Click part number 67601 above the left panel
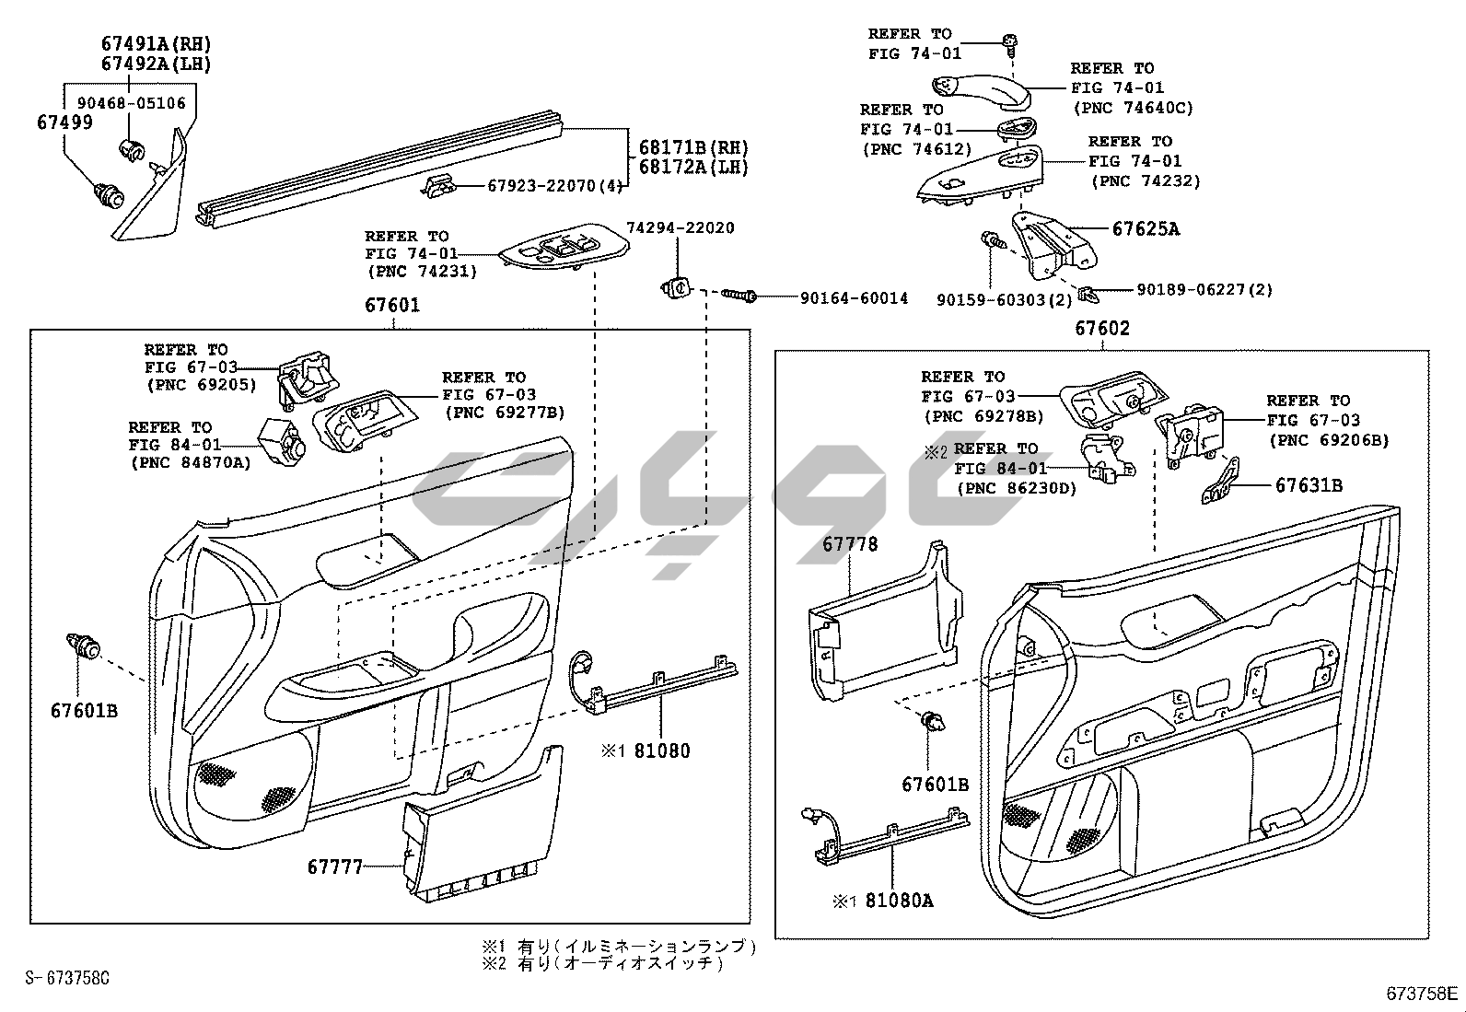tap(392, 305)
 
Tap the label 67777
tap(335, 867)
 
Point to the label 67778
tap(850, 544)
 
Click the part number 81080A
tap(899, 900)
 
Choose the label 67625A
tap(1146, 228)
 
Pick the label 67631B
tap(1309, 484)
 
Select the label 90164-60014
tap(854, 298)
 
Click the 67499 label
tap(64, 122)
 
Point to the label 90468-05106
tap(131, 103)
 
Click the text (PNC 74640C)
tap(1133, 108)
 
